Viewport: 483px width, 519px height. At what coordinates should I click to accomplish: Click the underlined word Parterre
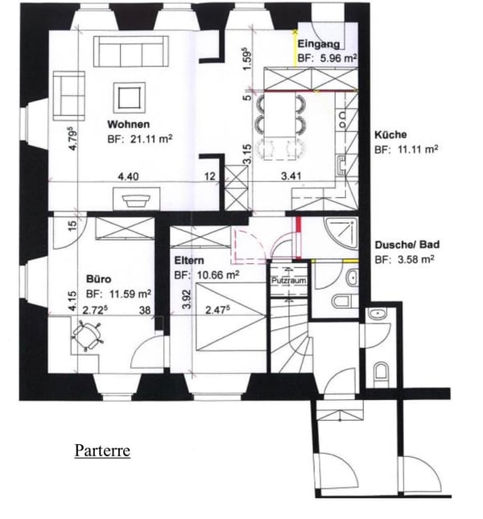102,450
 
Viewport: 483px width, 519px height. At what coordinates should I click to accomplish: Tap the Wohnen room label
128,125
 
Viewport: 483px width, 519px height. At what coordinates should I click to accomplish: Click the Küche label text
390,135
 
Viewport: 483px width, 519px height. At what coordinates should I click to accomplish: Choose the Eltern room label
189,261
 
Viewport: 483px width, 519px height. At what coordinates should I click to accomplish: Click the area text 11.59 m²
119,294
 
